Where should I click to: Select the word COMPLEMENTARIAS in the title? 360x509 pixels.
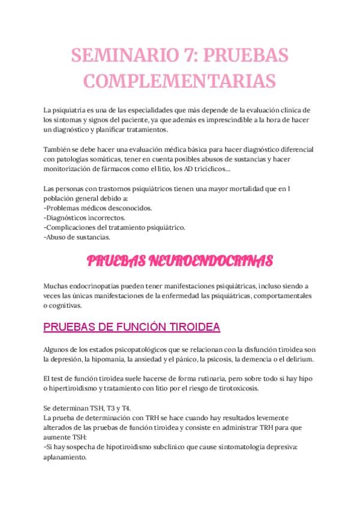click(x=180, y=80)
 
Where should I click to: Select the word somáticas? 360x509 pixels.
click(x=117, y=158)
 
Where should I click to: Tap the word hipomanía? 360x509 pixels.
click(x=103, y=359)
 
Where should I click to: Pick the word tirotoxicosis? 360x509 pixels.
click(x=235, y=388)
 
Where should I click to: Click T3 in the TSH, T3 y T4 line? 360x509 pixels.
click(x=103, y=408)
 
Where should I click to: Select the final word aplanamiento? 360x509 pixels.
click(x=65, y=456)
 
